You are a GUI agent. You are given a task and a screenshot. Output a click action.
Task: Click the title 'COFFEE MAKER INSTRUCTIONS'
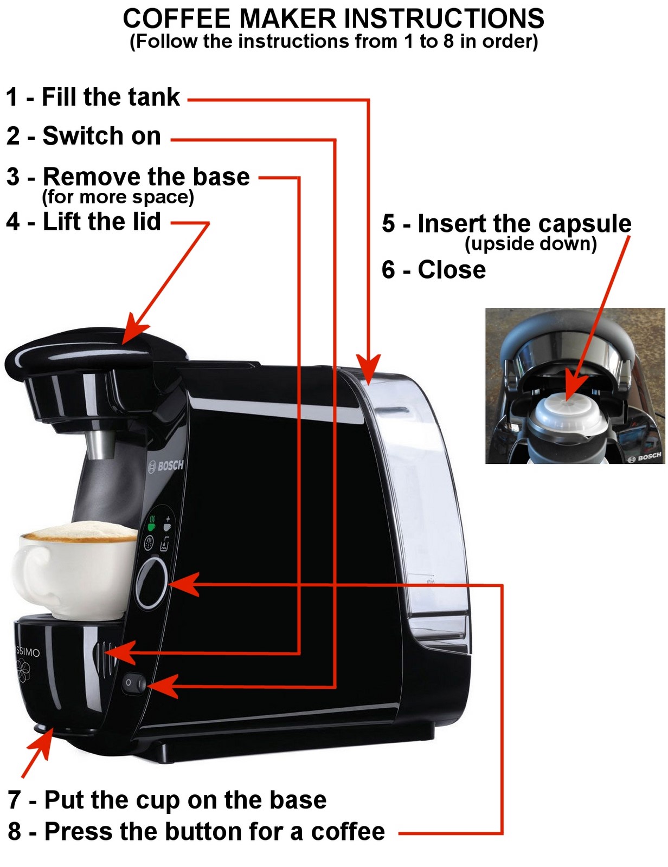(x=333, y=19)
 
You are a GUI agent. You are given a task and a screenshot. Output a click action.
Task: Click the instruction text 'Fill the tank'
(x=111, y=98)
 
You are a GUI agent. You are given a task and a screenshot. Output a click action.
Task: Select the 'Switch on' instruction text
(x=101, y=136)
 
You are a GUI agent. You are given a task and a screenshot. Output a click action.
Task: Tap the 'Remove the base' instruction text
(x=146, y=177)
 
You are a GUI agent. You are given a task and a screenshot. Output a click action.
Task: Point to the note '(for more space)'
(x=118, y=197)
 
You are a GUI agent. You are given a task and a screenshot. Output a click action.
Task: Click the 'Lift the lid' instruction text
(x=101, y=222)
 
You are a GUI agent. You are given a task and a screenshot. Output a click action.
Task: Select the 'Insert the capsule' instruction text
(x=524, y=224)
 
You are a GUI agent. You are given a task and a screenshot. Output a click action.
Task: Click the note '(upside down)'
(x=531, y=244)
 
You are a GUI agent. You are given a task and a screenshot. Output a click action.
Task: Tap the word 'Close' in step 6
(x=452, y=270)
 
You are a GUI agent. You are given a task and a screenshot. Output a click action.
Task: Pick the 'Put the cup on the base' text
(x=185, y=800)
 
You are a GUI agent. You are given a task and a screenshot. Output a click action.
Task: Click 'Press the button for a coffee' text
(x=214, y=832)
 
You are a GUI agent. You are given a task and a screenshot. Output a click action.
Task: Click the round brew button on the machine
(x=151, y=584)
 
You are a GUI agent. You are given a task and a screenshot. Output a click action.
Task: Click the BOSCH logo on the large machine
(x=167, y=465)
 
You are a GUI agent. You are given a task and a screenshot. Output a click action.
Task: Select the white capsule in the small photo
(x=566, y=414)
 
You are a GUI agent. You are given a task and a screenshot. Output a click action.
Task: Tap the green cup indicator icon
(x=152, y=523)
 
